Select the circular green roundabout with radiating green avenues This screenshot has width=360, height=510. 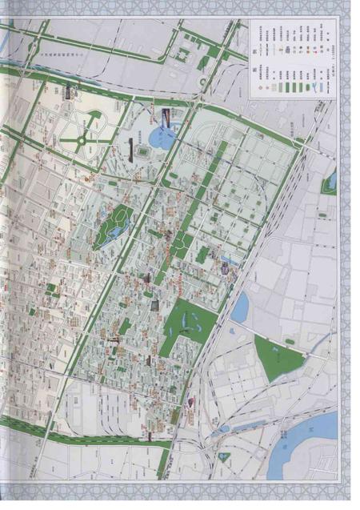click(x=82, y=143)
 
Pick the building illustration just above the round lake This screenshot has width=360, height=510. click(x=166, y=118)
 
